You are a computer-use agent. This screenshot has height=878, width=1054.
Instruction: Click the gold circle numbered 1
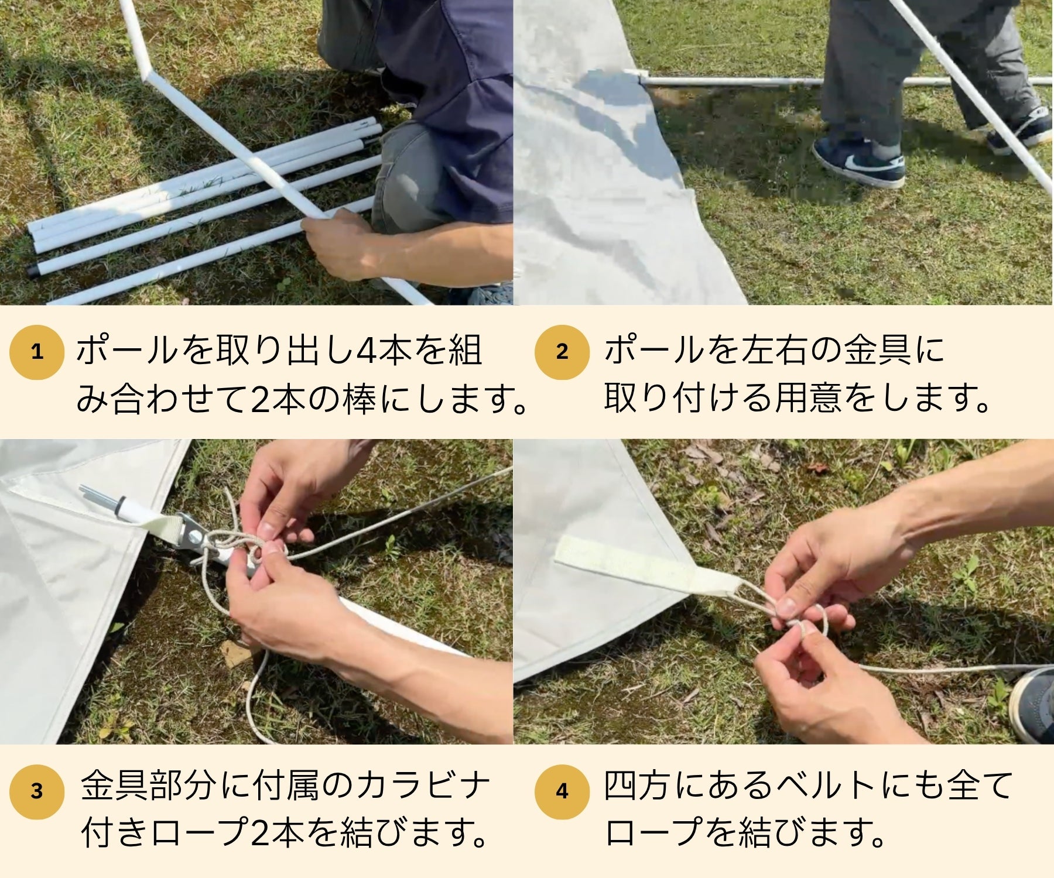36,352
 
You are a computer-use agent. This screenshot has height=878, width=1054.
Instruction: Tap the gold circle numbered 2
562,352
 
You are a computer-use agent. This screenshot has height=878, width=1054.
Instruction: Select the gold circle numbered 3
36,791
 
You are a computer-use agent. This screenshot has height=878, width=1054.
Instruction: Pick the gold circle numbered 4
562,791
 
